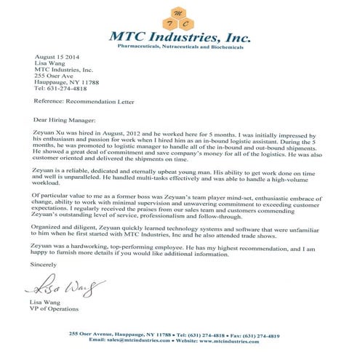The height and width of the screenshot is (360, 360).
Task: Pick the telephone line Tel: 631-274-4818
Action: tap(59, 90)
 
